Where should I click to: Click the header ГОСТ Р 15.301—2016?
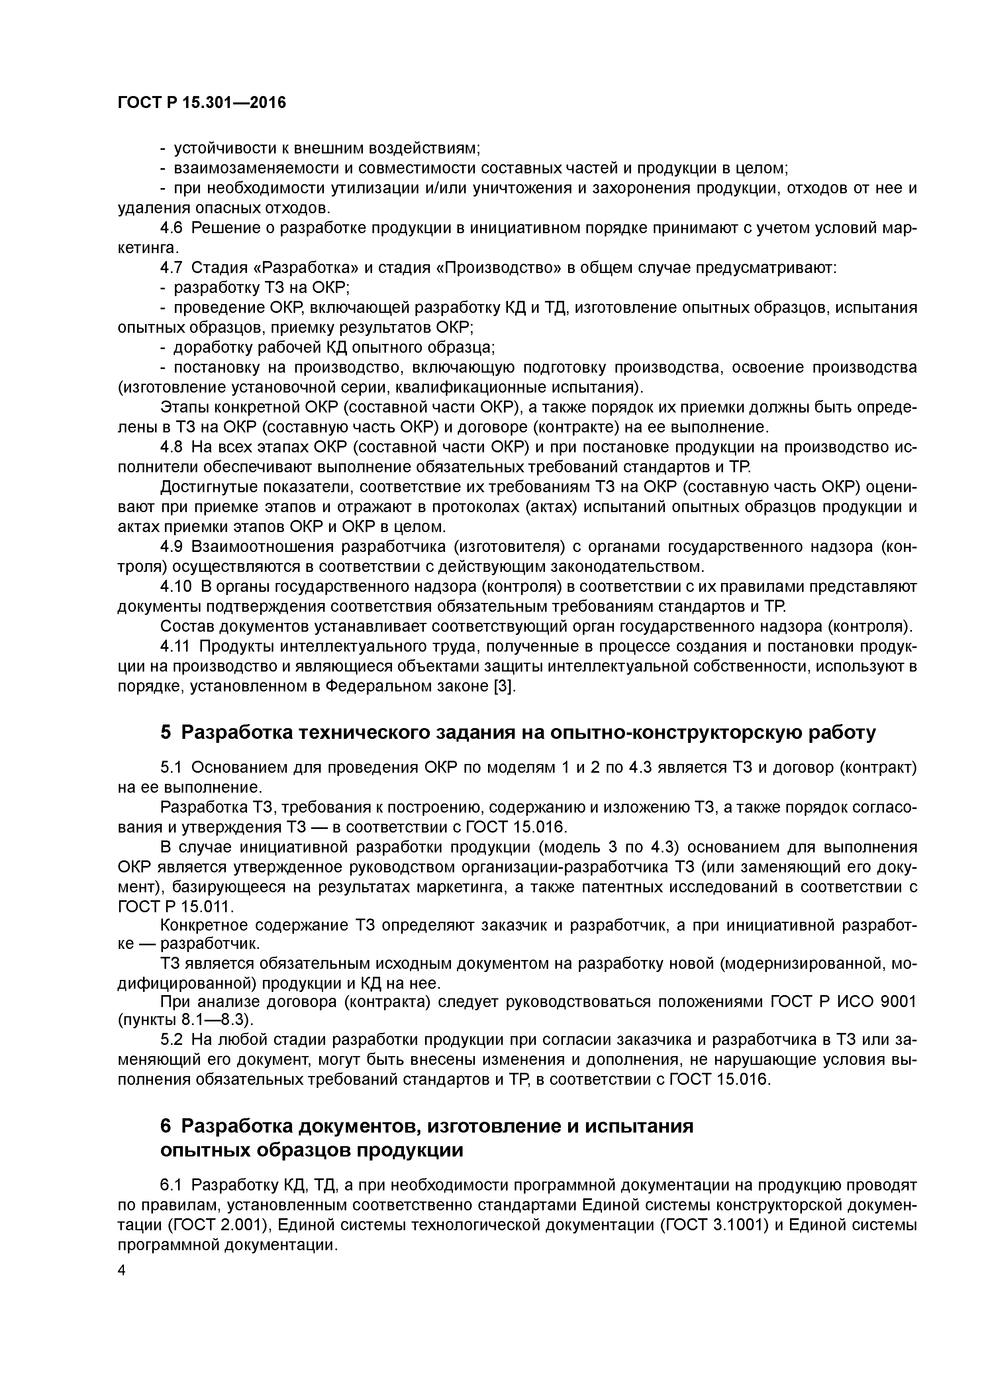[202, 103]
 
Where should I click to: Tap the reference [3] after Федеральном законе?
[503, 686]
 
